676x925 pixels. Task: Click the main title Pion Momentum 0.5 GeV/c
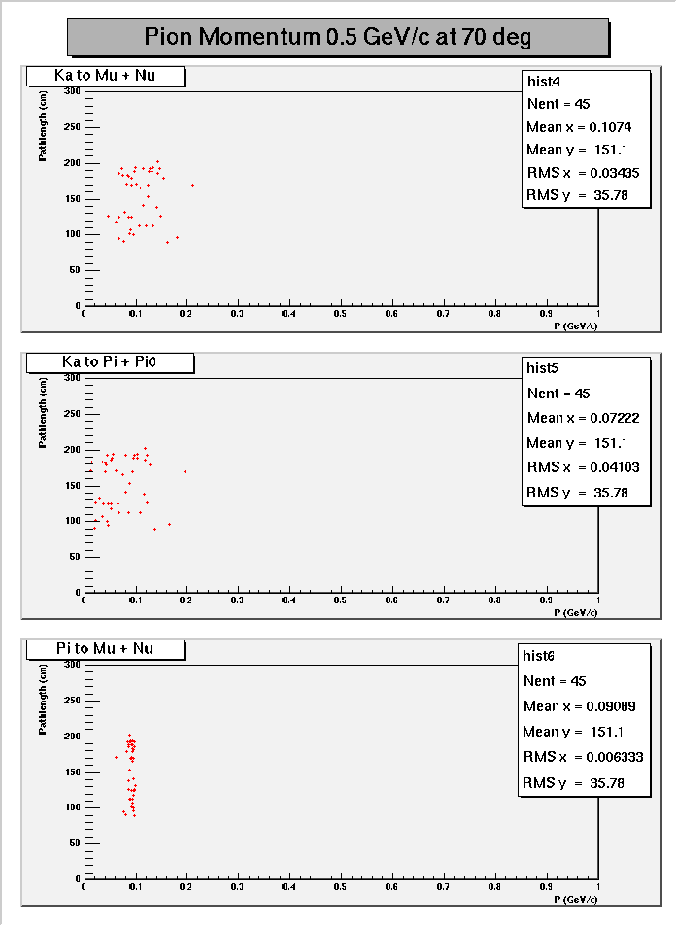coord(338,37)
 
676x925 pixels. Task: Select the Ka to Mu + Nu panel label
coord(105,76)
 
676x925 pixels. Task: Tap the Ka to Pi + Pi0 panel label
coord(109,362)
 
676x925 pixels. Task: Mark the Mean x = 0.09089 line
coord(579,706)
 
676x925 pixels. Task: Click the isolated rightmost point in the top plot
coord(192,185)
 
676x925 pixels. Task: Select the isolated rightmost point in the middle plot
coord(185,471)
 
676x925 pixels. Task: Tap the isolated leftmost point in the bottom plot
coord(116,757)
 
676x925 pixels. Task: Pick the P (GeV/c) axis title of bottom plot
coord(576,899)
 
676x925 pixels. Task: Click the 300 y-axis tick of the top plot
coord(72,91)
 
